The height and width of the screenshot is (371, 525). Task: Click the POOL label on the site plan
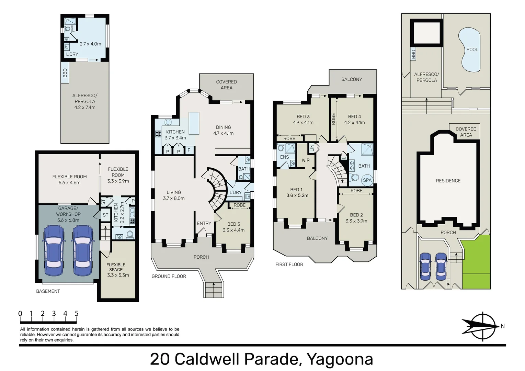coord(472,49)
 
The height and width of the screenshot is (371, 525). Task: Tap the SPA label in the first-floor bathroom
coord(367,180)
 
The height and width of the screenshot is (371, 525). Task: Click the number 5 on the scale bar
coord(77,313)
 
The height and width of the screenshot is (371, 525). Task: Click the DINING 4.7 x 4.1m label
coord(223,130)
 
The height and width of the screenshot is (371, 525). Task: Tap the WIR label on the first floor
coord(306,160)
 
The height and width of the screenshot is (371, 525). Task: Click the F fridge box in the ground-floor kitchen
coord(189,150)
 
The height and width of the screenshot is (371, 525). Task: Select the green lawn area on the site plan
coord(476,262)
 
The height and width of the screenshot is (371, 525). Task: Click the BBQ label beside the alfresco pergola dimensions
coord(65,72)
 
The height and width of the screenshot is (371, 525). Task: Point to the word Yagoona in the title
coord(339,359)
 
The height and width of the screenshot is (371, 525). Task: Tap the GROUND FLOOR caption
coord(169,276)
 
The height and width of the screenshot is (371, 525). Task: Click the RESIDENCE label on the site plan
coord(448,181)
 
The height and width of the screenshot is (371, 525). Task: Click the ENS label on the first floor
coord(284,157)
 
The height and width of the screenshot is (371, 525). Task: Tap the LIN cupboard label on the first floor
coord(312,148)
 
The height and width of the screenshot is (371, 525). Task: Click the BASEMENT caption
coord(48,291)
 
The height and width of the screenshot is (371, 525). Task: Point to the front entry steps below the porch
coord(214,290)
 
